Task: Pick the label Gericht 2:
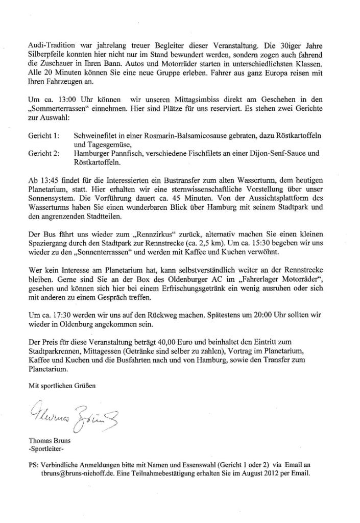coord(44,153)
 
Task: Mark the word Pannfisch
coord(127,153)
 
